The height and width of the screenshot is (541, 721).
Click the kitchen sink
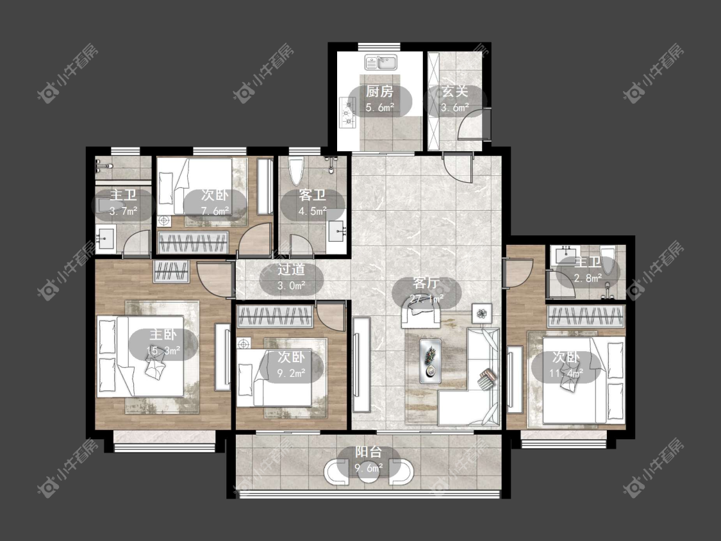381,62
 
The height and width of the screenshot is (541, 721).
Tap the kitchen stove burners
348,112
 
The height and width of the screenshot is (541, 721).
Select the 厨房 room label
380,92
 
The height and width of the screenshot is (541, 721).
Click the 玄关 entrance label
455,92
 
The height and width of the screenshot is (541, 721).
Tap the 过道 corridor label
291,270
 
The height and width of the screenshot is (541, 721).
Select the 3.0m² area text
291,286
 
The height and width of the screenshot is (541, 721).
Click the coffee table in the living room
431,361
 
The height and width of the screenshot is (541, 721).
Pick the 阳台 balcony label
369,452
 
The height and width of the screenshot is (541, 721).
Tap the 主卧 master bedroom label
163,335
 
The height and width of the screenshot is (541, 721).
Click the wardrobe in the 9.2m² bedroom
275,317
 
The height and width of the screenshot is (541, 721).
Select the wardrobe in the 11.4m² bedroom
586,317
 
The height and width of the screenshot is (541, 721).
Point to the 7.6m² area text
215,211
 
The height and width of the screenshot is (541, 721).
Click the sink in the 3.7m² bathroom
105,239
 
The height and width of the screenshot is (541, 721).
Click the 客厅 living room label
426,283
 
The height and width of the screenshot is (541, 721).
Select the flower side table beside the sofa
481,313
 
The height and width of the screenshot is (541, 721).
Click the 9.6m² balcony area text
369,469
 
